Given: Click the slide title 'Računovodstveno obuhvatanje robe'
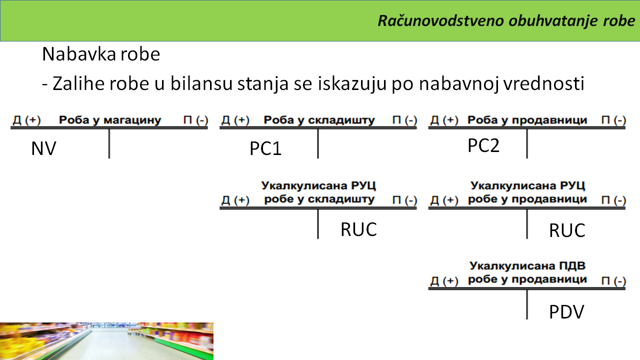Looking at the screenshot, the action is pyautogui.click(x=506, y=21).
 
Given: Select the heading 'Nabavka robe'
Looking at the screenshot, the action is pyautogui.click(x=101, y=54).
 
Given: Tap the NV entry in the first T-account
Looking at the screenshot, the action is pyautogui.click(x=43, y=148).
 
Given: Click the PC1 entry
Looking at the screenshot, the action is pyautogui.click(x=265, y=148).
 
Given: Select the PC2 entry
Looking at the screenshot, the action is pyautogui.click(x=483, y=145).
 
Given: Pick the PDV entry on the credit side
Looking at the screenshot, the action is pyautogui.click(x=566, y=312).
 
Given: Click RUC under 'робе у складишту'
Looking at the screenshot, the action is pyautogui.click(x=358, y=229).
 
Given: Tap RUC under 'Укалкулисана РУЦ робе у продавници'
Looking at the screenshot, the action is pyautogui.click(x=567, y=230).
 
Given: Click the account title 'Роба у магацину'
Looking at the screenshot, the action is pyautogui.click(x=110, y=120).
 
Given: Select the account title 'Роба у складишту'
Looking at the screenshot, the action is pyautogui.click(x=319, y=120).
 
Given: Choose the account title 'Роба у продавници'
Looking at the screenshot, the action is pyautogui.click(x=527, y=120).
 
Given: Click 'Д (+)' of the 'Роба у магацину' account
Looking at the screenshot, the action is pyautogui.click(x=26, y=120).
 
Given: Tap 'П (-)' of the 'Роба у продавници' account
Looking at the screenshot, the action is pyautogui.click(x=613, y=120).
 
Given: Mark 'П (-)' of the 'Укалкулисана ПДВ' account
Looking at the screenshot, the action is pyautogui.click(x=613, y=281).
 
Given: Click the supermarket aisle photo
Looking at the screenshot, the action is pyautogui.click(x=106, y=341).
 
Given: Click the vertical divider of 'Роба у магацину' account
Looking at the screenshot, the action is pyautogui.click(x=109, y=143).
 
